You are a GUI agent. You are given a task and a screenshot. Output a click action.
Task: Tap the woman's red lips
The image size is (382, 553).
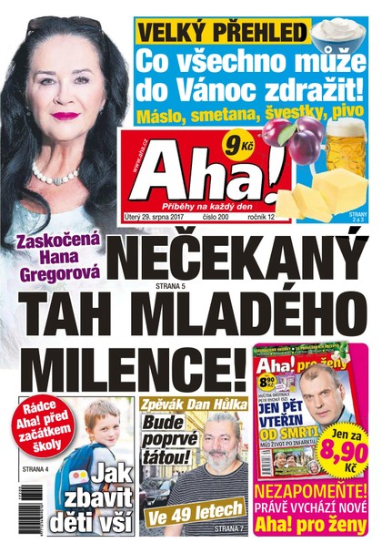pos(65,116)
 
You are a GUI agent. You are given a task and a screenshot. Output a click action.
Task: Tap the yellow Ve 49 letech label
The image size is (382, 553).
pos(182,519)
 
